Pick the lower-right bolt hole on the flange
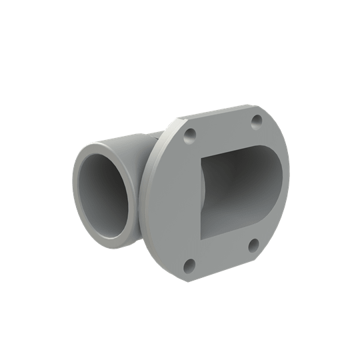[x=253, y=245]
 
